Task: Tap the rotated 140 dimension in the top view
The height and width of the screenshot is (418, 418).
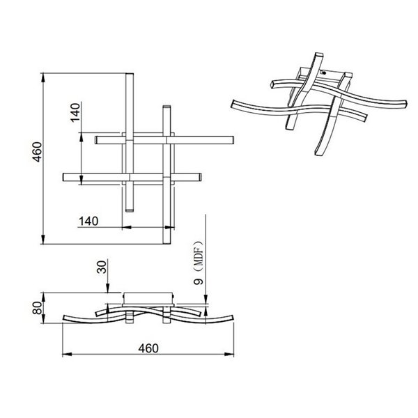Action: (76, 113)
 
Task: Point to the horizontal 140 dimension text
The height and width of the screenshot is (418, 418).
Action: (88, 221)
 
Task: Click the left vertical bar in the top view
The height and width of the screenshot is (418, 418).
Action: (130, 143)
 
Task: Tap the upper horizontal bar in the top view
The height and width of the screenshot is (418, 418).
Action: (164, 139)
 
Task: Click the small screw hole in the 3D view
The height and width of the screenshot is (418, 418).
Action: (323, 72)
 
